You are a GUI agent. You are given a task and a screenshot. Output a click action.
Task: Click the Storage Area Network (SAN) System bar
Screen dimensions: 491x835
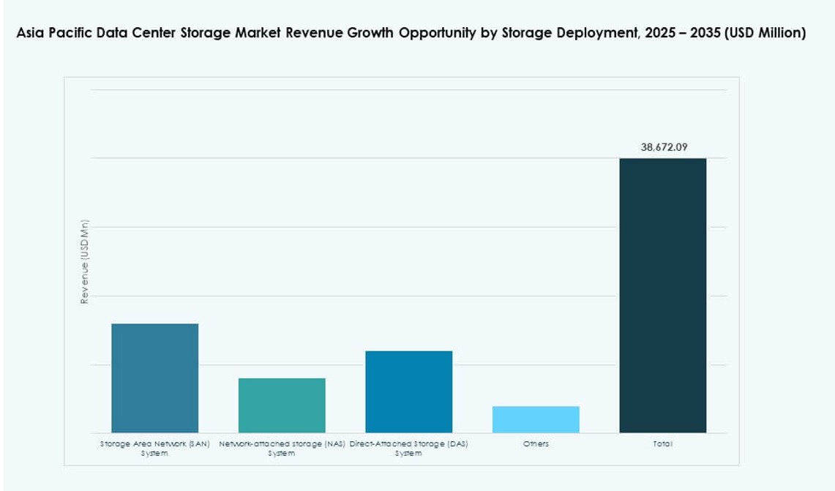pos(154,378)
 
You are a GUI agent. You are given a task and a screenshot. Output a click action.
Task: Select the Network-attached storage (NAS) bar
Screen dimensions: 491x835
pos(282,405)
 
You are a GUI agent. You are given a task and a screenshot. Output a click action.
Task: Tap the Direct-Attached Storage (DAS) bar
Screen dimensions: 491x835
pos(408,391)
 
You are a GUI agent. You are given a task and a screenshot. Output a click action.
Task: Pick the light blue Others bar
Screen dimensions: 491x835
pos(536,419)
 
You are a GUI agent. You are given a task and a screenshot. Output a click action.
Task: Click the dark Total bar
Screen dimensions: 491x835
pos(662,295)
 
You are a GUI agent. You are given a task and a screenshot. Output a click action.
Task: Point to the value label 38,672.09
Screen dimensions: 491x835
pos(664,147)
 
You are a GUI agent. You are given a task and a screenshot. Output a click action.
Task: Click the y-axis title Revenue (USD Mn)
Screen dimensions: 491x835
pos(85,262)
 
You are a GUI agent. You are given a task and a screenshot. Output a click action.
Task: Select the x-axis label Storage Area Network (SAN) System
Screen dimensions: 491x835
pos(154,449)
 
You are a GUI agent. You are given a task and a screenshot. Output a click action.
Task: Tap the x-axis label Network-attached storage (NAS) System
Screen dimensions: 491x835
pos(282,449)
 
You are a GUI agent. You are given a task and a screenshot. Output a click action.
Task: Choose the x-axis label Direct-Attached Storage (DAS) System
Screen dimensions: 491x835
pos(408,449)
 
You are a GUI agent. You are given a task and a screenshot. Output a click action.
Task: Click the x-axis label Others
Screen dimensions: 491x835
pos(536,444)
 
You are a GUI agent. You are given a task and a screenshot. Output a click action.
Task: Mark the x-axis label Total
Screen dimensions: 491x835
pos(662,444)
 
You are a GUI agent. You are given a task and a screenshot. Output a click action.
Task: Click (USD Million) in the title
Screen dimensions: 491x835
pos(765,34)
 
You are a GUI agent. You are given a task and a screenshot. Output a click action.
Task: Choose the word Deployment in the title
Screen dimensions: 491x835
pos(595,34)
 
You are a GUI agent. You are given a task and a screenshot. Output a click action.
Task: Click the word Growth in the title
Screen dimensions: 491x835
pos(370,34)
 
